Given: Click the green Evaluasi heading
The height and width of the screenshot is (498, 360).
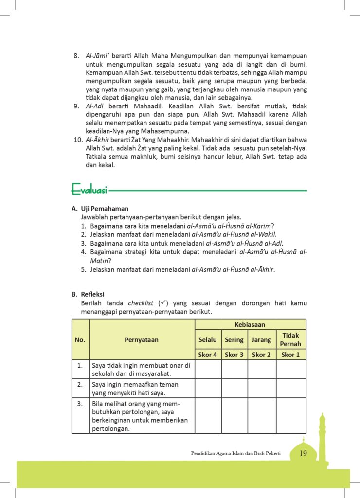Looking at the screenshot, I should (x=90, y=188).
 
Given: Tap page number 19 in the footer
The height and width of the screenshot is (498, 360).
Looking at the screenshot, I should (x=303, y=454).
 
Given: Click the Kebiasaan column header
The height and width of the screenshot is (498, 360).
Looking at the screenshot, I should (x=250, y=324).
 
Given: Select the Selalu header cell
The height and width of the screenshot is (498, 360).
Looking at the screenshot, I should (x=208, y=340).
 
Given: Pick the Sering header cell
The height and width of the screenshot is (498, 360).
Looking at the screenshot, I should (x=234, y=340).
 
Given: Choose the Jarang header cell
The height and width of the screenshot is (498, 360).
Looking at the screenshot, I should (x=261, y=340).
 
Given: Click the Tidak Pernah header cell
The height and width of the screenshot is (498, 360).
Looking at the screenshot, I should (x=291, y=339).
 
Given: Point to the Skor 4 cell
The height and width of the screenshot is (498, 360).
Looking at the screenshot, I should (x=208, y=355).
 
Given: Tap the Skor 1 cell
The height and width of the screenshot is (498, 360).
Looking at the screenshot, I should (x=291, y=355).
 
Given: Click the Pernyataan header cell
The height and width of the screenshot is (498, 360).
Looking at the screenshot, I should (x=142, y=340).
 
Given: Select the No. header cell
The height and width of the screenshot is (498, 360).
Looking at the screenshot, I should (x=80, y=340).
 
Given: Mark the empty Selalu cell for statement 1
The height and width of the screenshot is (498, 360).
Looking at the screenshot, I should (x=208, y=369).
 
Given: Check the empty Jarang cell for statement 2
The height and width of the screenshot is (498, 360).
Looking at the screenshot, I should (x=261, y=389).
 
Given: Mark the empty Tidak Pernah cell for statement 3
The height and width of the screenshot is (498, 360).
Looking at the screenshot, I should (x=291, y=416).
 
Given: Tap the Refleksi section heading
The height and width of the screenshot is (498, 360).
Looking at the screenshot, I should (x=93, y=294).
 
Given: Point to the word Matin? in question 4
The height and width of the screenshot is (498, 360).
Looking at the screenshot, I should (x=101, y=261).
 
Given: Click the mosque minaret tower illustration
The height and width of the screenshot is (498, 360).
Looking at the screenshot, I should (x=322, y=438).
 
